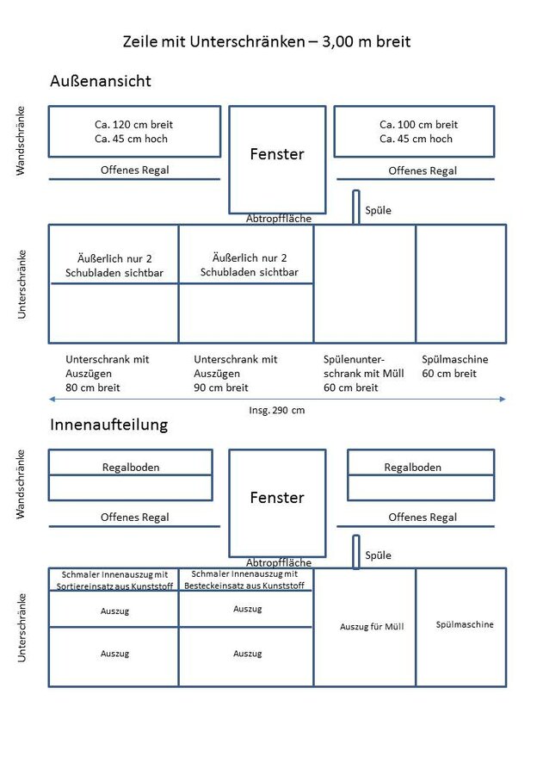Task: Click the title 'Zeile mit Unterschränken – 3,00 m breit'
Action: (x=267, y=40)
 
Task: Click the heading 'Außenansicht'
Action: (x=101, y=81)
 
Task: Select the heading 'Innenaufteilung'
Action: (x=109, y=425)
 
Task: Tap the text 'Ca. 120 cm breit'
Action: (x=132, y=124)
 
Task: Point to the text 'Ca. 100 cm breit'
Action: (x=418, y=124)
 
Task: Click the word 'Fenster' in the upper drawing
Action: (x=277, y=154)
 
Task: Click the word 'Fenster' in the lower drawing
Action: (x=277, y=498)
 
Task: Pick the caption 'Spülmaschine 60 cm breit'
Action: (x=454, y=366)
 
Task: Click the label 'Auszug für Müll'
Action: (x=372, y=627)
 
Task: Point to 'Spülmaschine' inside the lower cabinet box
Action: (x=465, y=624)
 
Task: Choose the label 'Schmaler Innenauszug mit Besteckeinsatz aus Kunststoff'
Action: (x=244, y=580)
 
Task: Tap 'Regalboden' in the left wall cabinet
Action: (x=131, y=467)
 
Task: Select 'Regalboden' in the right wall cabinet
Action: (x=412, y=467)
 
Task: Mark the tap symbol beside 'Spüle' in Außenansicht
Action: (x=355, y=208)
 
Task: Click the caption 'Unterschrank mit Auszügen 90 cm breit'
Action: (x=236, y=373)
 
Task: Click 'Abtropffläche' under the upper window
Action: (x=279, y=219)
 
